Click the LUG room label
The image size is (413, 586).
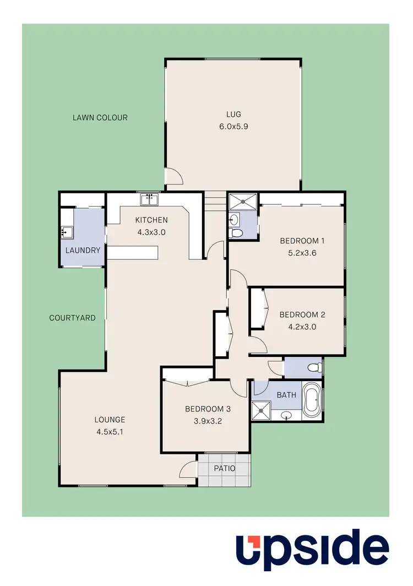click(x=233, y=115)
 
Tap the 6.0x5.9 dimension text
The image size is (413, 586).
click(x=233, y=126)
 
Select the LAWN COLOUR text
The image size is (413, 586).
click(x=100, y=117)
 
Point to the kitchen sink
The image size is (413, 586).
click(x=149, y=199)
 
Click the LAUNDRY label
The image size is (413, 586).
click(x=83, y=250)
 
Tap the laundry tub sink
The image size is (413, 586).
click(x=67, y=232)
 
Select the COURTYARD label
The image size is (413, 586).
click(x=72, y=318)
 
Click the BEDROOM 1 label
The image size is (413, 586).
click(x=303, y=241)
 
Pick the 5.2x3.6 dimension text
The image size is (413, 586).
click(x=303, y=253)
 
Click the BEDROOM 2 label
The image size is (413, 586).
click(x=302, y=315)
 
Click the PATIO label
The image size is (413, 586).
click(x=225, y=469)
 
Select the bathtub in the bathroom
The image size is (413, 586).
click(x=312, y=399)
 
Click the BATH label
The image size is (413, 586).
click(x=286, y=395)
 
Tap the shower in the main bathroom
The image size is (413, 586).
click(x=258, y=409)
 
